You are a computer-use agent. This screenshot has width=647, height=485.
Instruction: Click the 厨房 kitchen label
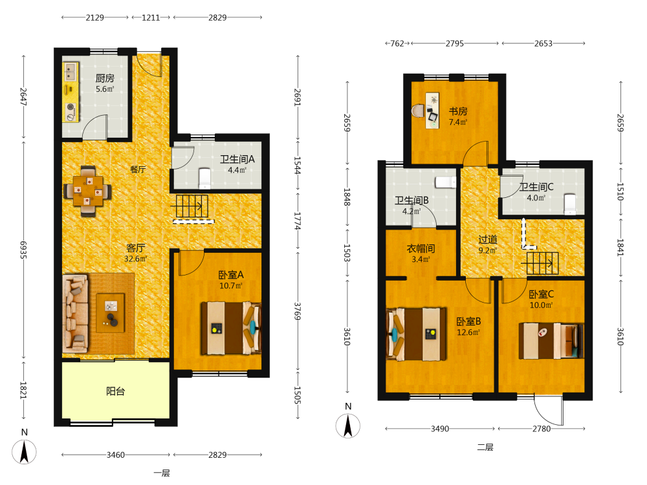104,78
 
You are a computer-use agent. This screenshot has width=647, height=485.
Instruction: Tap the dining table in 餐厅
87,191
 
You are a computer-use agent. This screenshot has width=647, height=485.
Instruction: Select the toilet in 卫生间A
204,178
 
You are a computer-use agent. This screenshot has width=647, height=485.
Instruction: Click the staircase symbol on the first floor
192,206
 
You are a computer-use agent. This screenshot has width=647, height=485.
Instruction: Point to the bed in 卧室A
231,329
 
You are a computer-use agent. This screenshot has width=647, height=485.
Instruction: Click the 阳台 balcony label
116,391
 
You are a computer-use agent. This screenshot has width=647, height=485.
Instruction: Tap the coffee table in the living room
110,312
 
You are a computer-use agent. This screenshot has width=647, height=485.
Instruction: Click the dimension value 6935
23,250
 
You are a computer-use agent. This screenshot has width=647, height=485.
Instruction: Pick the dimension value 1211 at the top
151,17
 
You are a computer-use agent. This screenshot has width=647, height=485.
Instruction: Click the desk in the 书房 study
432,110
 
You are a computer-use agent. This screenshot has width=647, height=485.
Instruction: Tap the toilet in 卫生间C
570,204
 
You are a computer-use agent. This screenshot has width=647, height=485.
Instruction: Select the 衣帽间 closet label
421,249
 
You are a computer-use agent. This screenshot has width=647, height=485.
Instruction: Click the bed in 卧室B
416,334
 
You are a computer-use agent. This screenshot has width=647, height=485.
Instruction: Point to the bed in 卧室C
551,341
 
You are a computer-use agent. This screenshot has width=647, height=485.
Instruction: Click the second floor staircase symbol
542,263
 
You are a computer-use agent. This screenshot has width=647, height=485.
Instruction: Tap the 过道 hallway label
488,239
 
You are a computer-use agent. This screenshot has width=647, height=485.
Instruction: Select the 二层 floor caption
485,447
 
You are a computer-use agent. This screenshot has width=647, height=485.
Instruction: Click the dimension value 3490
440,429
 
